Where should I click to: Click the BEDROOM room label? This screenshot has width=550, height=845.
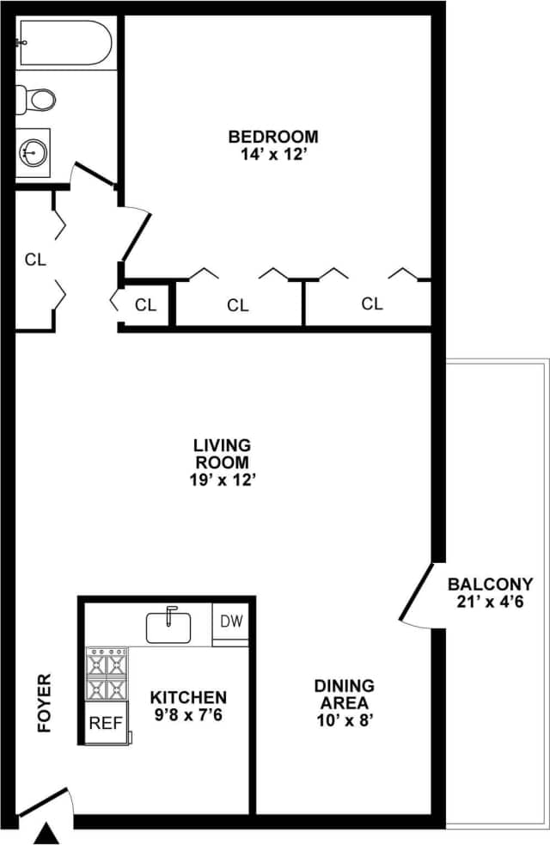click(x=272, y=136)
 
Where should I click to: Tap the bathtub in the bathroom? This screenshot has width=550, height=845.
click(x=64, y=43)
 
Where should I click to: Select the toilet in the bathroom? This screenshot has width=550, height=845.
click(x=36, y=98)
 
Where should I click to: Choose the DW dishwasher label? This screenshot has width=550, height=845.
click(x=231, y=621)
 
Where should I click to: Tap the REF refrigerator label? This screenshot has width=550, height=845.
click(x=106, y=723)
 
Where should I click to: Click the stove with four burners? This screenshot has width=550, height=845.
click(x=106, y=675)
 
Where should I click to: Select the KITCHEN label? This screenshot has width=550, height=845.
click(x=188, y=697)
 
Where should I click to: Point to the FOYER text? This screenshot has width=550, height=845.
click(x=45, y=702)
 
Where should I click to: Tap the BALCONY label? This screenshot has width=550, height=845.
click(x=490, y=584)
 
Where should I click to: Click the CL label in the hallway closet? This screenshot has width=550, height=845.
click(x=35, y=258)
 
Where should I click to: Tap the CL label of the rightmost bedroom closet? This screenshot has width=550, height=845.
click(x=371, y=303)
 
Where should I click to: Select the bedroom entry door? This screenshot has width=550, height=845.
click(x=136, y=235)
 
